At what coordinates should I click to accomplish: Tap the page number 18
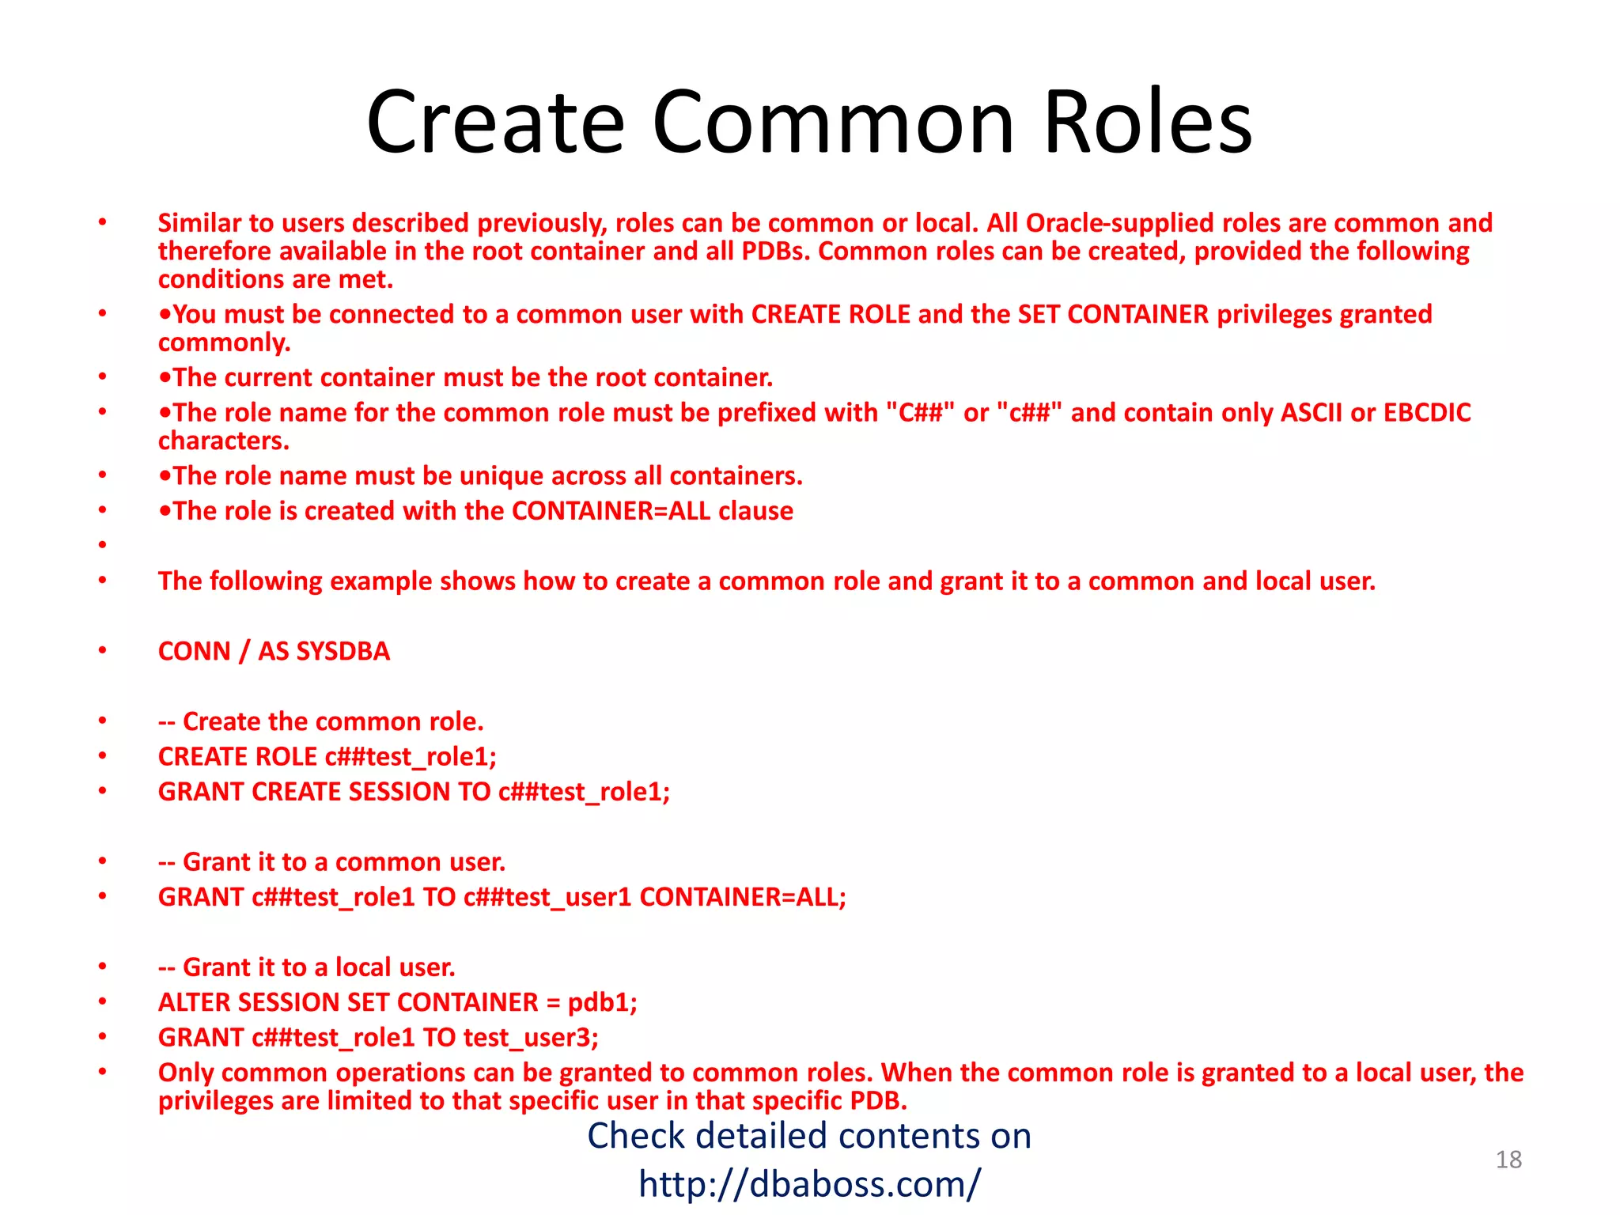[x=1508, y=1160]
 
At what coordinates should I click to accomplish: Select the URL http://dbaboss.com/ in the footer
[x=809, y=1184]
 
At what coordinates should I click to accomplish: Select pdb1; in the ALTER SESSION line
[x=602, y=1003]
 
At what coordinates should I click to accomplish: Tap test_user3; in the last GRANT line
[x=531, y=1038]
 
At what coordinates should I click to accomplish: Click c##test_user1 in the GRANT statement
[x=547, y=898]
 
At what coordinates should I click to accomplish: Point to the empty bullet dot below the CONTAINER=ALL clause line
[x=103, y=545]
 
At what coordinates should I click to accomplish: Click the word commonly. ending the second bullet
[x=225, y=343]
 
